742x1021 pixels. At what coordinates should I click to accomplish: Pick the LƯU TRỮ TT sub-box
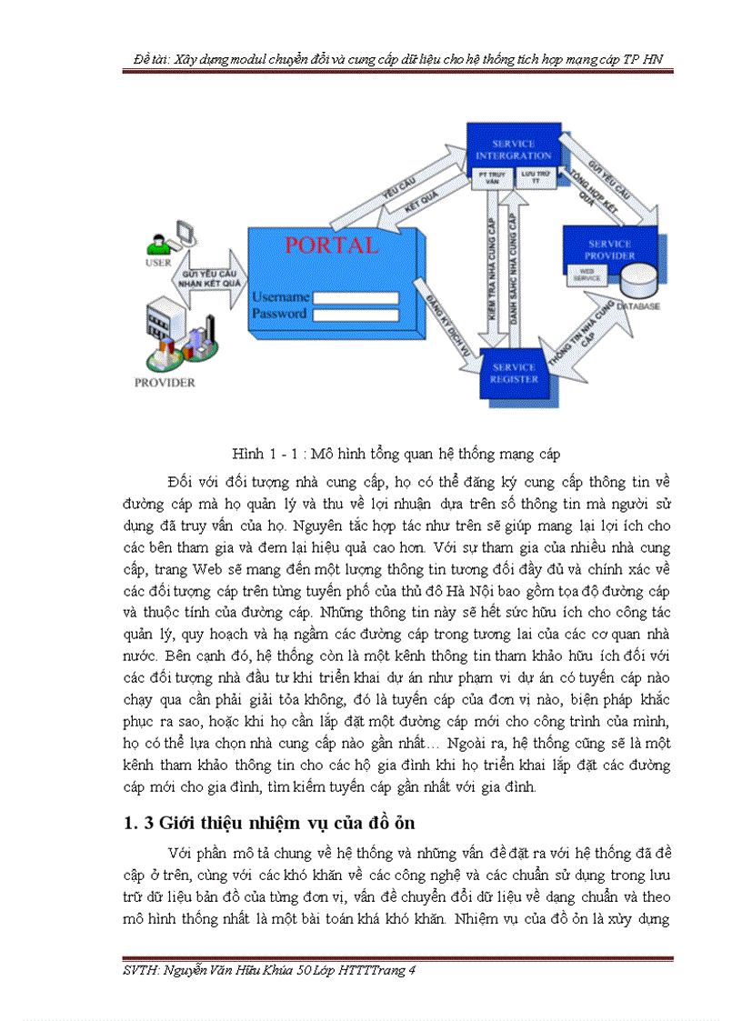tap(535, 176)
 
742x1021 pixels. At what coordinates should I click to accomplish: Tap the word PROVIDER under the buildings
tap(165, 383)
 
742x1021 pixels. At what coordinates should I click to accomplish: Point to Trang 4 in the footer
tap(394, 970)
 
